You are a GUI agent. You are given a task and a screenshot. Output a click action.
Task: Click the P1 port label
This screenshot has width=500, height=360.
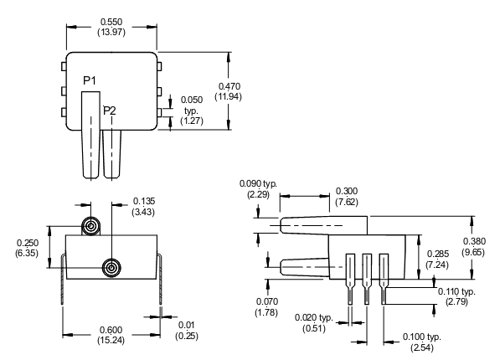(x=90, y=80)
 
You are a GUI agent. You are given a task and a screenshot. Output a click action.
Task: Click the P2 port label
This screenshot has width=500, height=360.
(x=110, y=111)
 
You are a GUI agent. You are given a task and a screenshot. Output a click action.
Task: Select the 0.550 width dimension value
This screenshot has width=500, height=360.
(x=111, y=22)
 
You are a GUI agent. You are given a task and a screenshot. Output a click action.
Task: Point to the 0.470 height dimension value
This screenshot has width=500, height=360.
(x=229, y=86)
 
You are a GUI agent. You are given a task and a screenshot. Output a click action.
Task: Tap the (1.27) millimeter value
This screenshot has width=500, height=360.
(x=192, y=121)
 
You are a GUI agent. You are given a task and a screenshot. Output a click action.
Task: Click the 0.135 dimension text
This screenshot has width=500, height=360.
(x=144, y=201)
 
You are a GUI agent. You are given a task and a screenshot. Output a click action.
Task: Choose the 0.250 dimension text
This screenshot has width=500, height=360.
(x=28, y=243)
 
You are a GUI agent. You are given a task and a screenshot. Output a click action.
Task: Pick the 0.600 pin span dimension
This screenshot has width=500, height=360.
(x=111, y=330)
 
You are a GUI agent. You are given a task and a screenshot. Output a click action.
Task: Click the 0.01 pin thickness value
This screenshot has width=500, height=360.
(x=186, y=325)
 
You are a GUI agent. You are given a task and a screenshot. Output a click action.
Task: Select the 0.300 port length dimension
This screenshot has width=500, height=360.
(x=347, y=191)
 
